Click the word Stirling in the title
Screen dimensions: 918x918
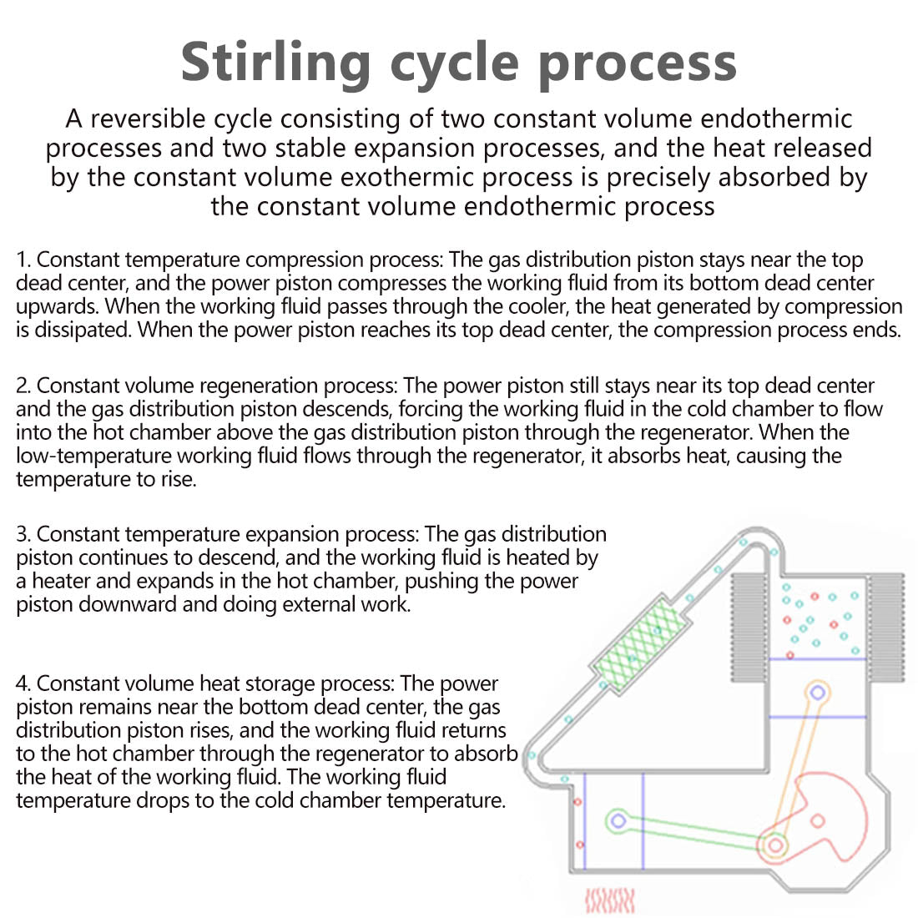pos(275,63)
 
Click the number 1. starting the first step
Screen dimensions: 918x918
pos(23,260)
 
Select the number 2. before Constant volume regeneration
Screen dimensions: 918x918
pos(24,386)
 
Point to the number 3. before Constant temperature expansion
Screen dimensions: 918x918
pos(24,534)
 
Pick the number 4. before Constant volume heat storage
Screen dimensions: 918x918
pos(24,683)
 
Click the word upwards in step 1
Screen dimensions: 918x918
pos(57,306)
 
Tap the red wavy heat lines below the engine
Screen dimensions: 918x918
pos(609,900)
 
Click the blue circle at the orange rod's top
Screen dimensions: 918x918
pos(817,693)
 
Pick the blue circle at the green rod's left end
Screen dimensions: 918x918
pos(618,821)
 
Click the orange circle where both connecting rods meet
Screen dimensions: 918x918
pos(776,845)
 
